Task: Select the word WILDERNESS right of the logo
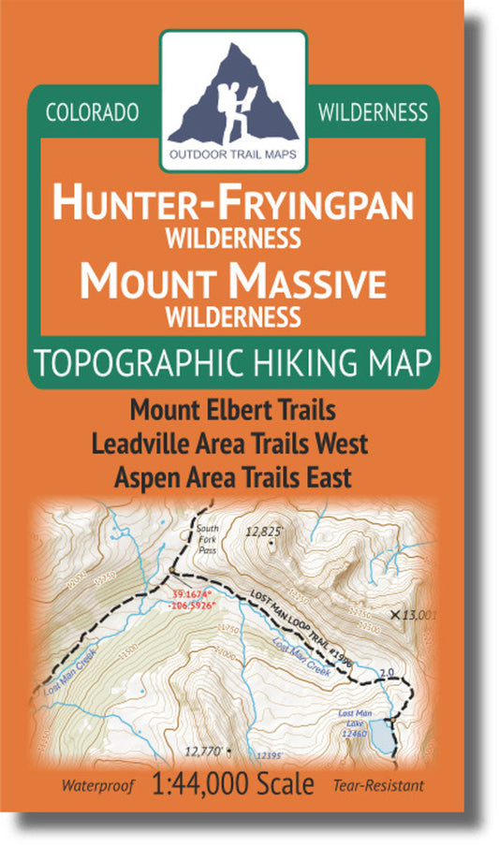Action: pyautogui.click(x=373, y=113)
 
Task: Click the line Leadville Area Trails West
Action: pyautogui.click(x=233, y=444)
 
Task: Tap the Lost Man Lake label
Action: pyautogui.click(x=358, y=723)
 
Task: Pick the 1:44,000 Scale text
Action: pyautogui.click(x=233, y=785)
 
